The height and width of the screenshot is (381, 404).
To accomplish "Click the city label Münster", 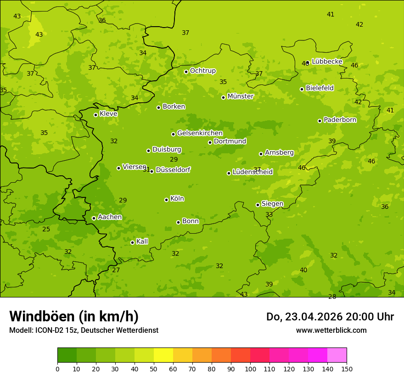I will point(240,96).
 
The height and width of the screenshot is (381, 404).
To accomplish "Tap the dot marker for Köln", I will point(166,200).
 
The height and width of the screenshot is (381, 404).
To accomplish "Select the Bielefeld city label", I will point(320,88).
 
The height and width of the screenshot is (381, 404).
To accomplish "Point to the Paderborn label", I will point(340,120).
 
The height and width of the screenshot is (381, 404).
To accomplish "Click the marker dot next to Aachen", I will point(94,218).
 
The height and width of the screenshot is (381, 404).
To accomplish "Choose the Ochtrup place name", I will point(202,71).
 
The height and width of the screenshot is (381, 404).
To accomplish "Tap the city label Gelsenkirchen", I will point(200,133).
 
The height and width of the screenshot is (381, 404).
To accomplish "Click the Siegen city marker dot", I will point(258,205).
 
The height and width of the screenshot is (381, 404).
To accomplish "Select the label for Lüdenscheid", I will point(252,172).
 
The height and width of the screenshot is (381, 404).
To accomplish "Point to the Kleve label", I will point(108,114).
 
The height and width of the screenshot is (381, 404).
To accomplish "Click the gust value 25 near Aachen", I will point(46,229).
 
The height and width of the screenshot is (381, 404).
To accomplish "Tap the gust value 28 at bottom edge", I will point(332,297).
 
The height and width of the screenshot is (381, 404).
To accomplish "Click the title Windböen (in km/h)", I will point(74,316).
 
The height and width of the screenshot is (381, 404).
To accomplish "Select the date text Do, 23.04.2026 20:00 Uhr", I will point(330,317).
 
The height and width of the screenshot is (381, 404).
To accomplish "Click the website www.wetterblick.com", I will point(331,330).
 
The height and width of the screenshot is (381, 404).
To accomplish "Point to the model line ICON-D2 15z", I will point(84,330).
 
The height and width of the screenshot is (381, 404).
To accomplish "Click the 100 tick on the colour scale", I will point(250,369).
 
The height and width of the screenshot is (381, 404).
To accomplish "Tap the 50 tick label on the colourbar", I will point(154,369).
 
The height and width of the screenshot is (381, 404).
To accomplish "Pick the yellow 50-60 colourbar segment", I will point(163,355).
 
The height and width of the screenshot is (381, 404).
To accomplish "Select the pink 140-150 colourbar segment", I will point(337,355).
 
